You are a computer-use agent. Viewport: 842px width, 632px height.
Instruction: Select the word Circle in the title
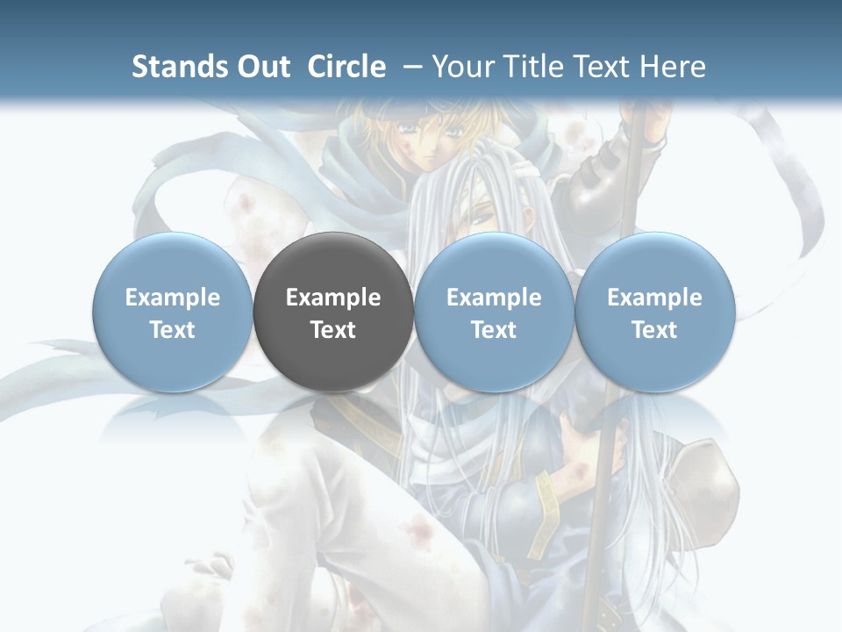tap(346, 67)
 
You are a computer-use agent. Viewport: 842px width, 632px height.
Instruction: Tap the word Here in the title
tap(674, 67)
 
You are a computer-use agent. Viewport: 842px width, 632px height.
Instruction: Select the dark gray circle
tap(333, 312)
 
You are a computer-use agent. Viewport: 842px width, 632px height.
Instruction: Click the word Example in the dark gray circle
tap(333, 298)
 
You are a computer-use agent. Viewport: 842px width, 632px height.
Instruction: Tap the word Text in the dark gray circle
tap(333, 330)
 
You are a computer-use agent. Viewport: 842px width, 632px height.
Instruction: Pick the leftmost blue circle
tap(173, 312)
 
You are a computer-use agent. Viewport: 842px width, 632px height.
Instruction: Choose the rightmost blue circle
tap(654, 312)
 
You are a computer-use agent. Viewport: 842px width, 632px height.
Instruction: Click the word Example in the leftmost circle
tap(173, 298)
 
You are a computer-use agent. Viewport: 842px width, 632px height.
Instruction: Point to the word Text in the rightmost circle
tap(654, 330)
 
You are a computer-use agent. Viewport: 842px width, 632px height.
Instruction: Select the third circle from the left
tap(494, 312)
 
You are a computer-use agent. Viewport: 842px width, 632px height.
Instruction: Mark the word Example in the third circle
tap(494, 298)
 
